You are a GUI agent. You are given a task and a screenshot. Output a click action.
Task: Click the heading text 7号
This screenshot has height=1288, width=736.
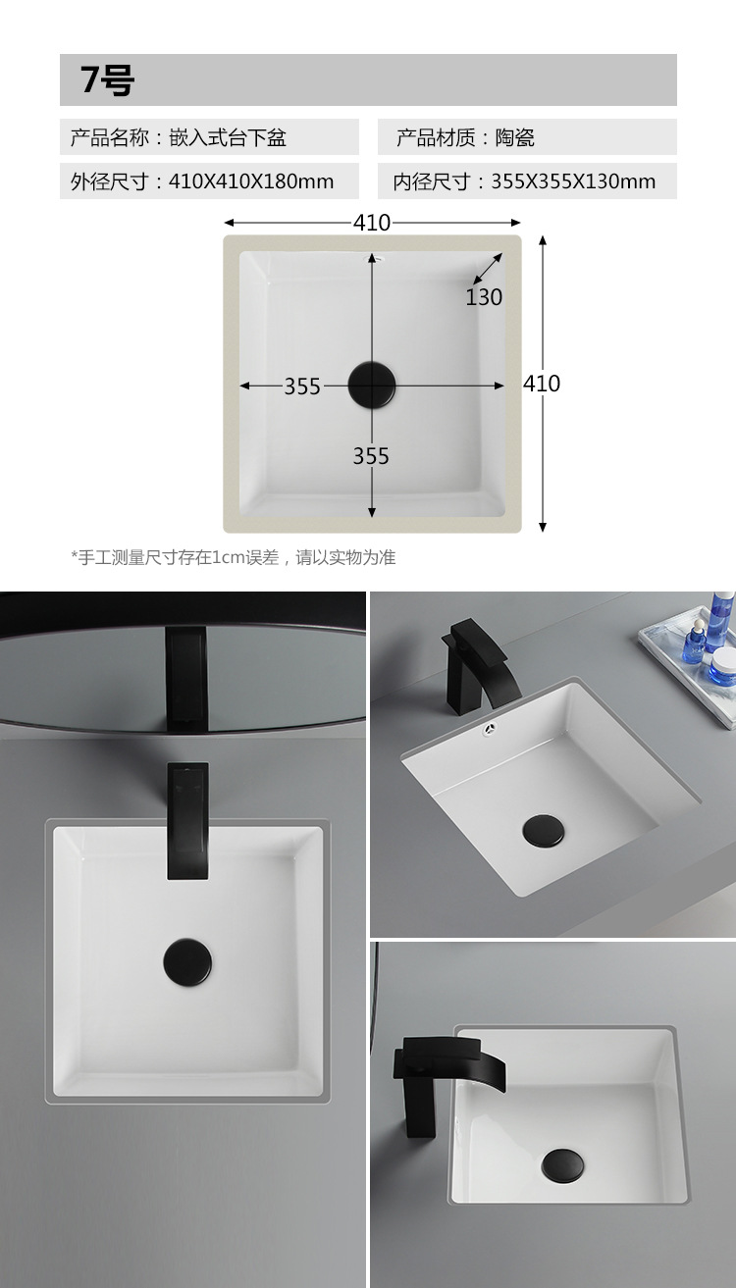point(107,79)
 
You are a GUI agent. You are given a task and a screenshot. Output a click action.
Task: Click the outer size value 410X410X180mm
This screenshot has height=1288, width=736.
point(251,181)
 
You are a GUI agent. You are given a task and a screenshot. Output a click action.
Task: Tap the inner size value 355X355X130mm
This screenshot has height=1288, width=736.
point(573,181)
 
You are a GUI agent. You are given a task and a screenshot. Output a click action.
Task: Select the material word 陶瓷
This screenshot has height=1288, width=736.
point(515,138)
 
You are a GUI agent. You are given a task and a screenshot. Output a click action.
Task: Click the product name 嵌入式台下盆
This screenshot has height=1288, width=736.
point(228,138)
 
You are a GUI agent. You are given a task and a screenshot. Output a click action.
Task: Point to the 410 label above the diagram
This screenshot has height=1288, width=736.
point(372,223)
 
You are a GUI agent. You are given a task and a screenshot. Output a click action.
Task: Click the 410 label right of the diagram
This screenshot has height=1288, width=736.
point(542,384)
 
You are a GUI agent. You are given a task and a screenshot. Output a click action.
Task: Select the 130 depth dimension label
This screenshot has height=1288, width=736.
point(484,297)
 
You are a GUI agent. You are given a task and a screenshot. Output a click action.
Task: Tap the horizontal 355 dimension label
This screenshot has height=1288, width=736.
point(302,386)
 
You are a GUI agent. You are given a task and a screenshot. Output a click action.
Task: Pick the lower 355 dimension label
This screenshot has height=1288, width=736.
point(371,456)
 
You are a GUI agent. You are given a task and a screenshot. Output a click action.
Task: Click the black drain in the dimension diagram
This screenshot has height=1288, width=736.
point(372,386)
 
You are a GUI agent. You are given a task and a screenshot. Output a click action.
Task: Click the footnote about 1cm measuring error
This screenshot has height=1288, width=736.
point(234,557)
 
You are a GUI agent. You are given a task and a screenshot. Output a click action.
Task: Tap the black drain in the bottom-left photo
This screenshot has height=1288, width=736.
point(187,962)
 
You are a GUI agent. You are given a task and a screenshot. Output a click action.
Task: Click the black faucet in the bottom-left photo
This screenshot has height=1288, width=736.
point(188,820)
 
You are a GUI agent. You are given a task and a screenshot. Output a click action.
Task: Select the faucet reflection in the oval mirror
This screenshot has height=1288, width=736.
point(185,679)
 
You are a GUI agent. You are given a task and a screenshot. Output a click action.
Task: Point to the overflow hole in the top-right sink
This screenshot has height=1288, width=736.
point(490,729)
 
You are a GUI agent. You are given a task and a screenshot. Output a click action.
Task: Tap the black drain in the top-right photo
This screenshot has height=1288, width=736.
point(544,831)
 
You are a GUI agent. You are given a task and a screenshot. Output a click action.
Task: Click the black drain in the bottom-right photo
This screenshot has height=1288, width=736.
point(562,1165)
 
